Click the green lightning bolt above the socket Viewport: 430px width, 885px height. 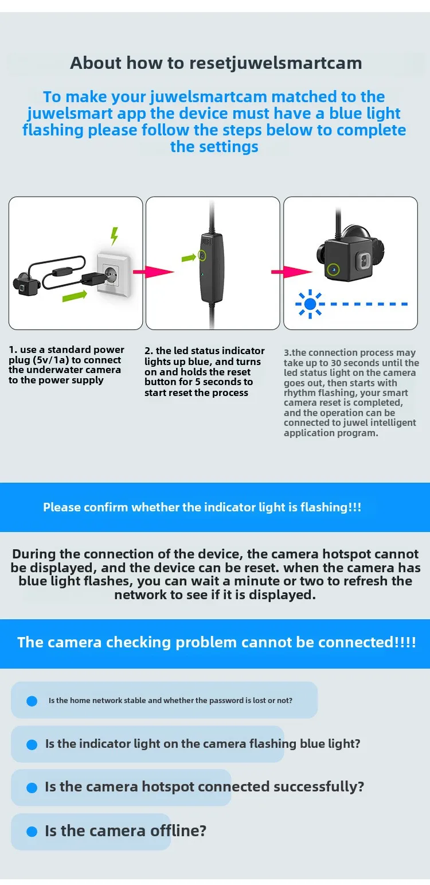click(x=115, y=235)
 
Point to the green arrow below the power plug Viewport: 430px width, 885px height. click(x=75, y=296)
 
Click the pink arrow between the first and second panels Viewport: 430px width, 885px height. click(x=153, y=272)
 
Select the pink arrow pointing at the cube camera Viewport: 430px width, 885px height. click(x=291, y=272)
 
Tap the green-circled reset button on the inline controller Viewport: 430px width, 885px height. click(x=202, y=255)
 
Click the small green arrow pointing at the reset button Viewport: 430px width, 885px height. click(x=189, y=258)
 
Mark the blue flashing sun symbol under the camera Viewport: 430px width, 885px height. click(x=310, y=304)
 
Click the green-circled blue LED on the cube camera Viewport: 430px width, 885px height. click(x=334, y=269)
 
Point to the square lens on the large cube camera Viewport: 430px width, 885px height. click(x=363, y=261)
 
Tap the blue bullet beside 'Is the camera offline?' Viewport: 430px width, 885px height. click(x=32, y=831)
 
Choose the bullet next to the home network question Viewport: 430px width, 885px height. click(x=32, y=701)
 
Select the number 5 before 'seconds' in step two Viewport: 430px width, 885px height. click(x=197, y=382)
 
